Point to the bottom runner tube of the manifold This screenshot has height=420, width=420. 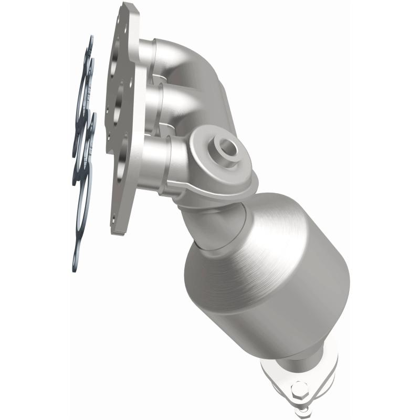[157, 157]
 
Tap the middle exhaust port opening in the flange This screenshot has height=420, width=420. [118, 100]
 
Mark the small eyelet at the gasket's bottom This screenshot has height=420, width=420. [76, 265]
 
